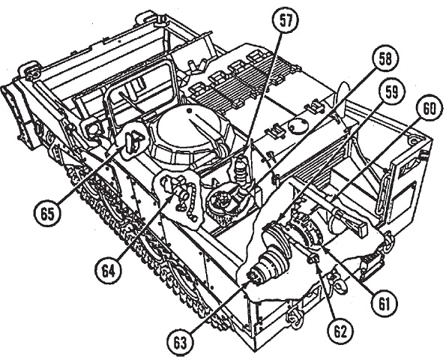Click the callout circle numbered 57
point(286,22)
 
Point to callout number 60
point(428,109)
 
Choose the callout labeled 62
point(341,331)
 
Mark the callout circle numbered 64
point(109,271)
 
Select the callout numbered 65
point(47,214)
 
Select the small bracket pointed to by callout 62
point(313,259)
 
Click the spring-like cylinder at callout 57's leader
point(241,172)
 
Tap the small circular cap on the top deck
point(298,124)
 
